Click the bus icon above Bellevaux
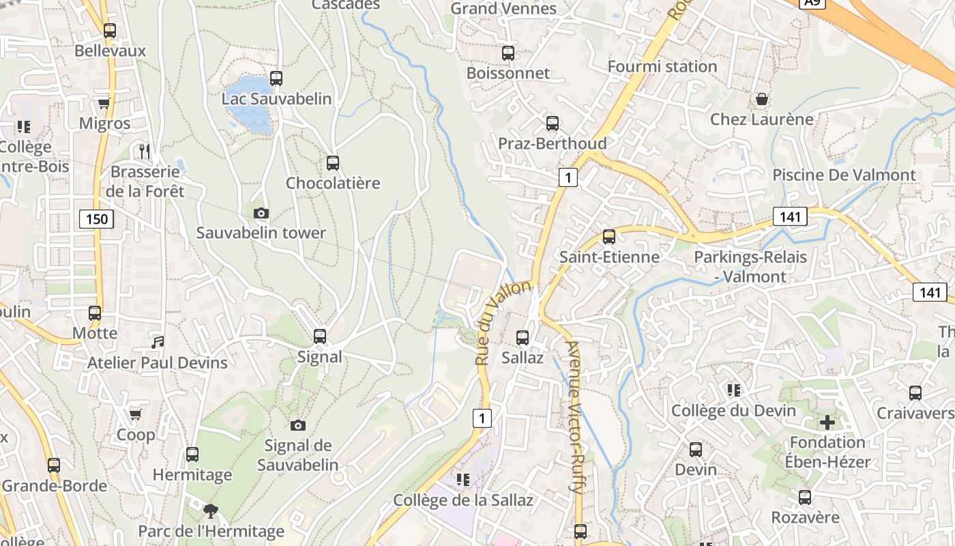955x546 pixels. pos(110,31)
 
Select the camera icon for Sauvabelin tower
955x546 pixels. pos(261,213)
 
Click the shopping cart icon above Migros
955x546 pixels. pos(104,104)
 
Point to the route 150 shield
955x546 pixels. pos(97,219)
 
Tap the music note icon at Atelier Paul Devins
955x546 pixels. pos(158,342)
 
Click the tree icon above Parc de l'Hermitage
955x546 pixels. pos(211,511)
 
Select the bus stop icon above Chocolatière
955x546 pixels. pos(333,163)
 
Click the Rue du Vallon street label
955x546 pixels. pos(502,323)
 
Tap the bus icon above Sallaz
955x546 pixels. pos(523,337)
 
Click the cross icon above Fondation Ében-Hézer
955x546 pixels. pos(827,422)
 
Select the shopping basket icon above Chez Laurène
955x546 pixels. pos(762,100)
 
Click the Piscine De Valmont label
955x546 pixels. pos(843,175)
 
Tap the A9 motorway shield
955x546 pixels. pos(812,3)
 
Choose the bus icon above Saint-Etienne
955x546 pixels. pos(609,237)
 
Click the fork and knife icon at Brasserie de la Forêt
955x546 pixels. pos(144,151)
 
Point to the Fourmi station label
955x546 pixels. pos(662,66)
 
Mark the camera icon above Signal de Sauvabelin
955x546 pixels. pos(298,425)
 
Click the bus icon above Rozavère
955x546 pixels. pos(805,498)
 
